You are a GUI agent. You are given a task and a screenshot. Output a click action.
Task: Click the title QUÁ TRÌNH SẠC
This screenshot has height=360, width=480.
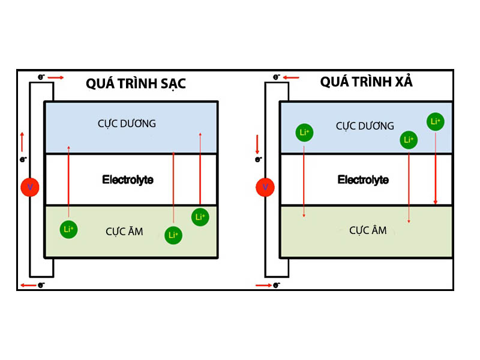pyautogui.click(x=136, y=83)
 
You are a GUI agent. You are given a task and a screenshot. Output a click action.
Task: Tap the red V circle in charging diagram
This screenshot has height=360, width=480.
pyautogui.click(x=30, y=188)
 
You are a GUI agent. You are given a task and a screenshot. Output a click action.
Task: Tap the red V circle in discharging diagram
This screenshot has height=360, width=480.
pyautogui.click(x=265, y=187)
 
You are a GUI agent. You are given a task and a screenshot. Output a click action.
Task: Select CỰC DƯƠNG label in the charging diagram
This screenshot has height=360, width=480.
pyautogui.click(x=127, y=124)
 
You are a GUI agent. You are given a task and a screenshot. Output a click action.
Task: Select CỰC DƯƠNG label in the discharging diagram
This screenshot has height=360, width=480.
pyautogui.click(x=365, y=126)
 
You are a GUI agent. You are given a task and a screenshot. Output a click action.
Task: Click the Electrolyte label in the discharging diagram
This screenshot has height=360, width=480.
pyautogui.click(x=363, y=179)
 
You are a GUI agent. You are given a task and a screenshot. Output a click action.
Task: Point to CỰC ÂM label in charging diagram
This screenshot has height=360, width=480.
pyautogui.click(x=124, y=231)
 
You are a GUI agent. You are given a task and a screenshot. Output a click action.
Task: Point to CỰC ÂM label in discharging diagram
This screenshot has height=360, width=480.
pyautogui.click(x=368, y=230)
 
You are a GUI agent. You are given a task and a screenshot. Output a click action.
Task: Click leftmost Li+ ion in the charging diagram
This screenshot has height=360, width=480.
pyautogui.click(x=68, y=229)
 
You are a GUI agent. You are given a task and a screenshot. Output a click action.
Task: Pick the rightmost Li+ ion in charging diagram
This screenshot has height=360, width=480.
pyautogui.click(x=200, y=217)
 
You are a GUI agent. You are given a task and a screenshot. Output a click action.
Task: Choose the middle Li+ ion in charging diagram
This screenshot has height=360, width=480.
pyautogui.click(x=173, y=235)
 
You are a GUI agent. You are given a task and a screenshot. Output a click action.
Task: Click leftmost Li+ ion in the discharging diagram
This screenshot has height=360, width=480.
pyautogui.click(x=304, y=132)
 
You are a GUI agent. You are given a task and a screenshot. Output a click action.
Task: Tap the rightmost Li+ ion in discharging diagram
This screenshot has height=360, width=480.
pyautogui.click(x=436, y=121)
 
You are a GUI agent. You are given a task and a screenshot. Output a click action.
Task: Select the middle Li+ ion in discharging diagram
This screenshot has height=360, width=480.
pyautogui.click(x=409, y=140)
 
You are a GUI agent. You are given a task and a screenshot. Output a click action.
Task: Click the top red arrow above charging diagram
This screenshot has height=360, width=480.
pyautogui.click(x=55, y=77)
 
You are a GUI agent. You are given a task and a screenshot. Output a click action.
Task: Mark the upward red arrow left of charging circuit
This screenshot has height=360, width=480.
pyautogui.click(x=22, y=142)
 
